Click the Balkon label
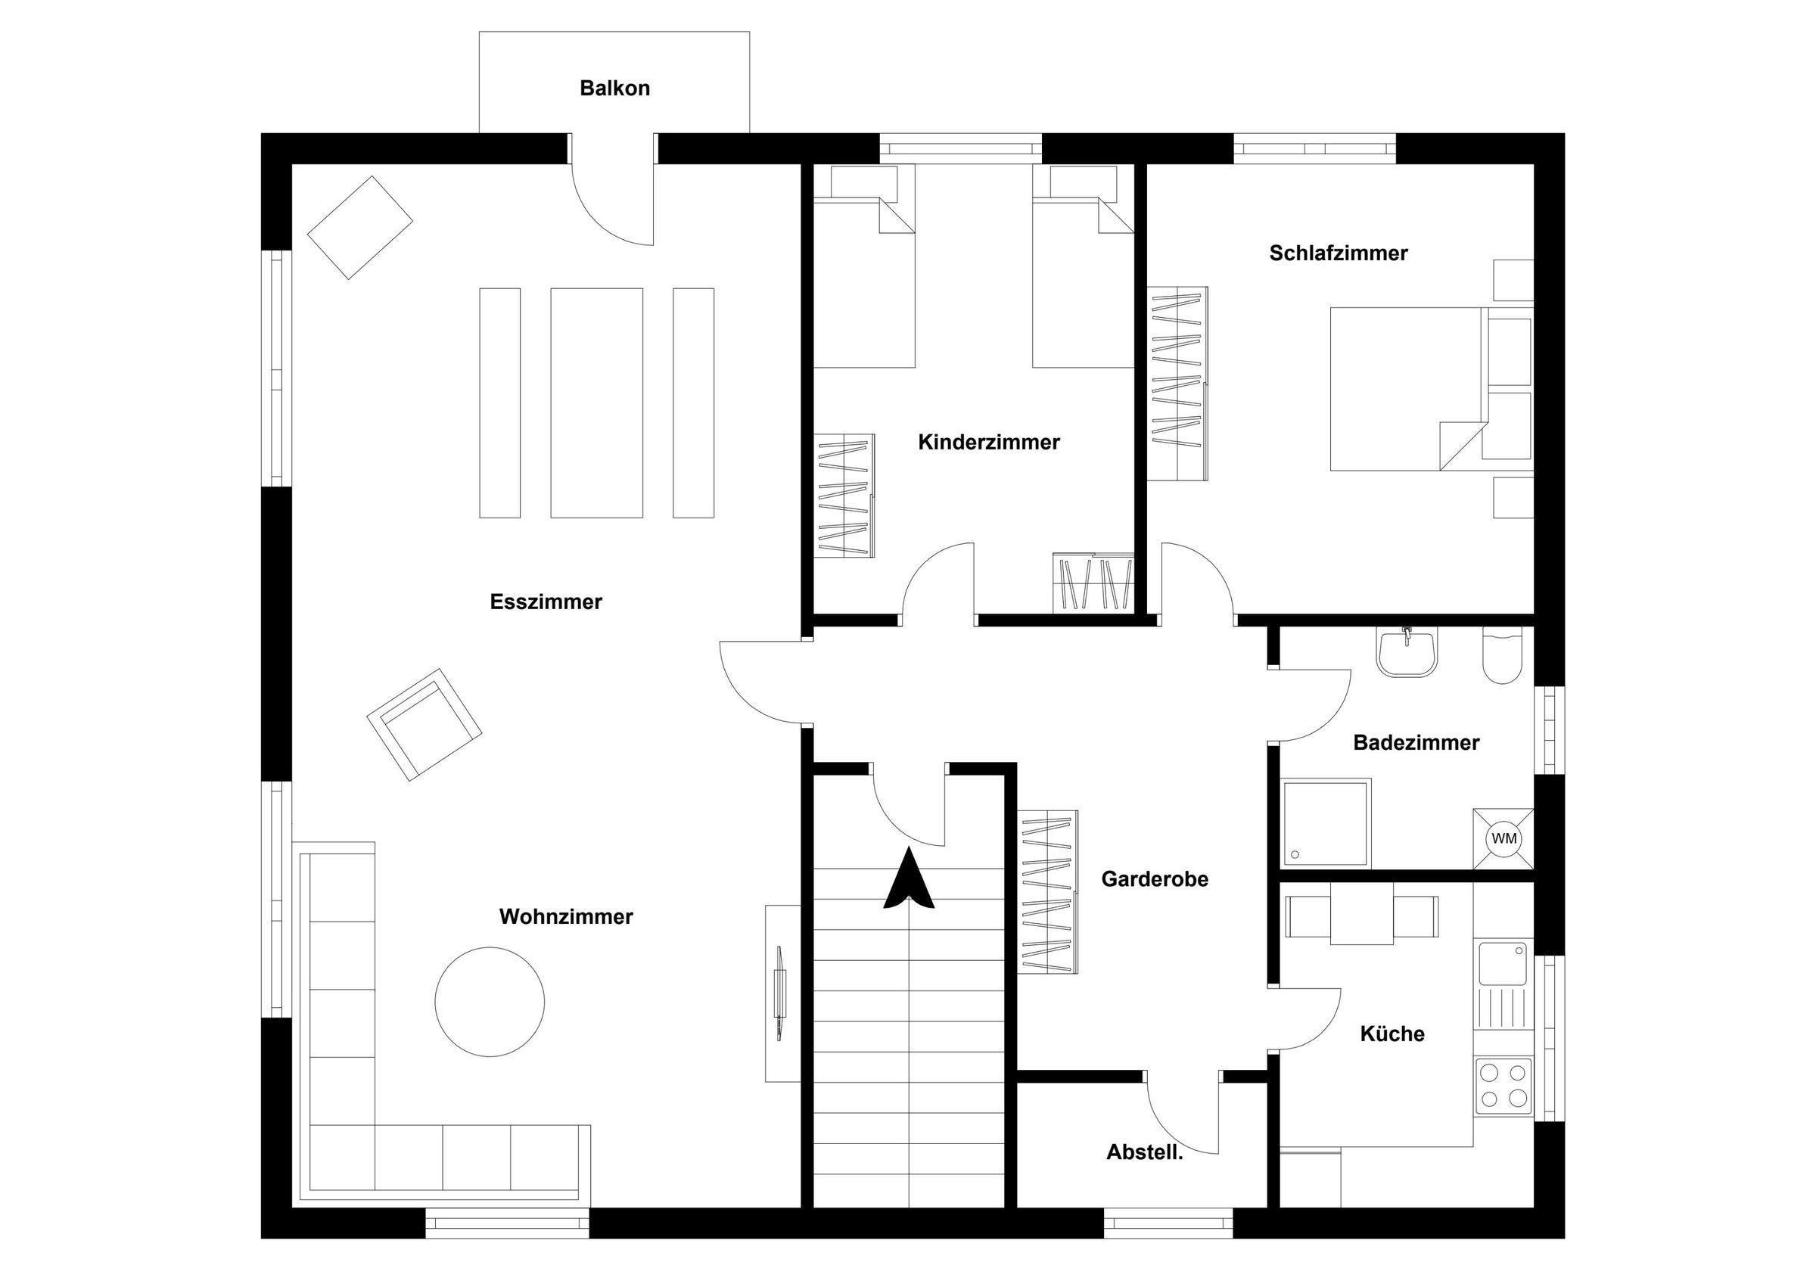pyautogui.click(x=614, y=88)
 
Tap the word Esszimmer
pyautogui.click(x=546, y=602)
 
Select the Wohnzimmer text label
pyautogui.click(x=566, y=917)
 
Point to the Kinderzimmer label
pyautogui.click(x=989, y=442)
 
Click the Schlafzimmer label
pyautogui.click(x=1339, y=253)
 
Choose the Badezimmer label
pyautogui.click(x=1416, y=743)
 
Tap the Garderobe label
pyautogui.click(x=1155, y=879)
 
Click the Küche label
pyautogui.click(x=1392, y=1034)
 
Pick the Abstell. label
pyautogui.click(x=1145, y=1152)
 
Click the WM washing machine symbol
pyautogui.click(x=1503, y=838)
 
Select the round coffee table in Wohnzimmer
pyautogui.click(x=490, y=1002)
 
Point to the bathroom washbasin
pyautogui.click(x=1407, y=653)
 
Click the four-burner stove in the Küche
pyautogui.click(x=1503, y=1087)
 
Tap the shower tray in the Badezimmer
pyautogui.click(x=1328, y=823)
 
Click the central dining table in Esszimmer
pyautogui.click(x=596, y=403)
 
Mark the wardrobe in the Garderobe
pyautogui.click(x=1047, y=891)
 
